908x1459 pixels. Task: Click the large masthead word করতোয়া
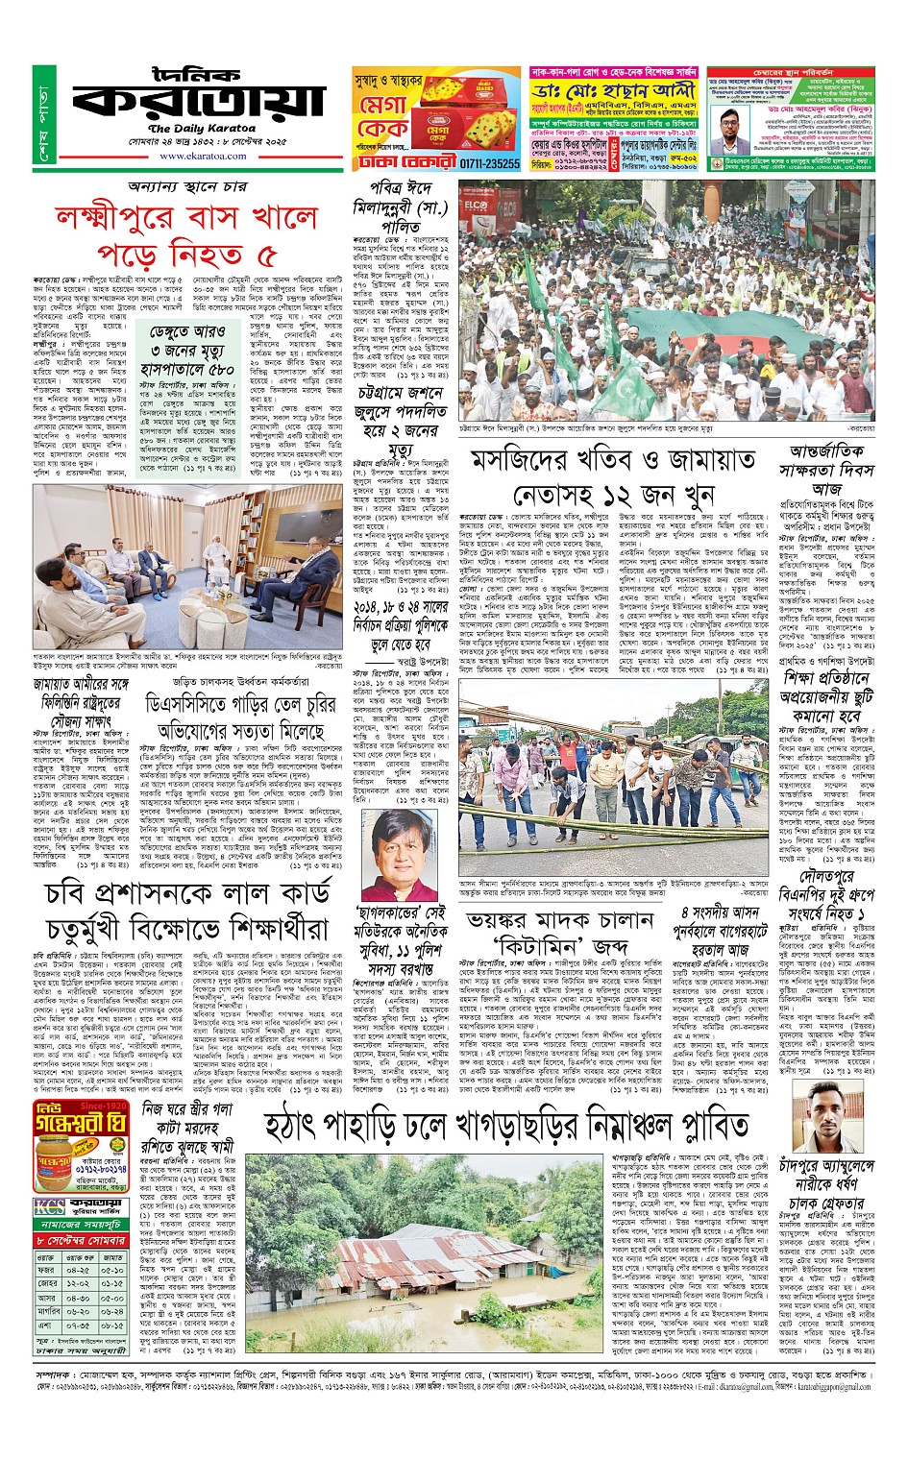(197, 99)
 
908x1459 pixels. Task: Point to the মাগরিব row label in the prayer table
(48, 1311)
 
